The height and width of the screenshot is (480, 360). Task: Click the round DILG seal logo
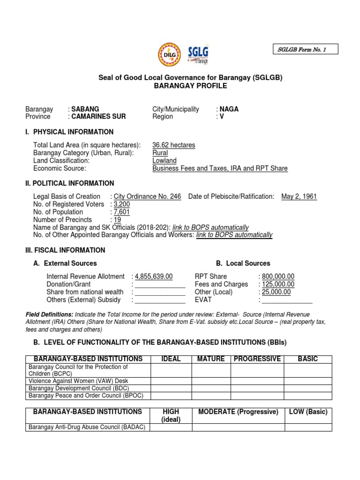[169, 54]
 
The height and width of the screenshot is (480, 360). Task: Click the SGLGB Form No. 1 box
[305, 49]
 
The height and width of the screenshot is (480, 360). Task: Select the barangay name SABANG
[85, 109]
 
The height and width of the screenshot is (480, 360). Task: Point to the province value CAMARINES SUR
[98, 117]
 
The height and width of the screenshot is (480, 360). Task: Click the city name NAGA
[229, 109]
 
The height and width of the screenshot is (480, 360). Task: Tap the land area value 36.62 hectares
[174, 145]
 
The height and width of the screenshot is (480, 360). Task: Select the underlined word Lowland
[165, 161]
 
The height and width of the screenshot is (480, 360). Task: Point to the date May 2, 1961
[299, 196]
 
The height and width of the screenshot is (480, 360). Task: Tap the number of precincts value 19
[118, 220]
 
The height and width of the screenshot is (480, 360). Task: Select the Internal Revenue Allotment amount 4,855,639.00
[154, 277]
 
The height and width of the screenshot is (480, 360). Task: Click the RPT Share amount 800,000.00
[278, 277]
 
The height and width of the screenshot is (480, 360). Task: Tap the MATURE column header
[211, 359]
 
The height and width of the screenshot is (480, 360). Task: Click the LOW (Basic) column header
[308, 412]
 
